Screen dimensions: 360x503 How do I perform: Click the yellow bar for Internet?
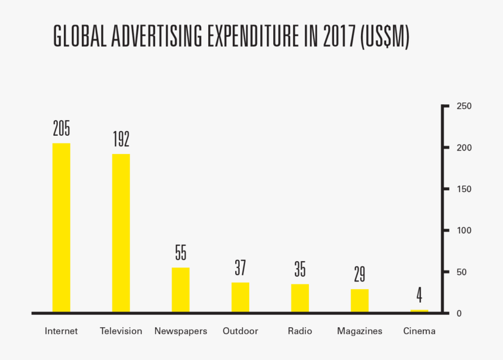click(61, 228)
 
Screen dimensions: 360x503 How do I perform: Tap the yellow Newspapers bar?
click(181, 290)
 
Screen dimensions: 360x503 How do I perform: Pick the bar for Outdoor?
click(240, 297)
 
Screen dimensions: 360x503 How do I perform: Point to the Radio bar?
click(300, 298)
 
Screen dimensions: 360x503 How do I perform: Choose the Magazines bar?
click(360, 300)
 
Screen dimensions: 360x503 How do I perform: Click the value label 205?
click(61, 128)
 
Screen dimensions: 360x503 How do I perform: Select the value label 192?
click(121, 139)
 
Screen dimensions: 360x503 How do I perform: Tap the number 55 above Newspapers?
click(181, 252)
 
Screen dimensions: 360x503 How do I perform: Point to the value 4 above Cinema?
click(419, 294)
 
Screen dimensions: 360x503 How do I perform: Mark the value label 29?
click(360, 274)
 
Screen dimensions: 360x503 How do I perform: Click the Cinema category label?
click(419, 331)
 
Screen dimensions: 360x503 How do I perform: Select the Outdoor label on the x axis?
click(240, 331)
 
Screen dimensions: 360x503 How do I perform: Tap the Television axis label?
click(121, 331)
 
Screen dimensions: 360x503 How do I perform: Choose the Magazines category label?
click(360, 331)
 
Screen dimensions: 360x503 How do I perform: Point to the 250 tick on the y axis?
click(464, 106)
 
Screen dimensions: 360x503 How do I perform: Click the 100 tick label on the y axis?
click(464, 231)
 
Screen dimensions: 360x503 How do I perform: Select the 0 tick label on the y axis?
click(460, 314)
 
